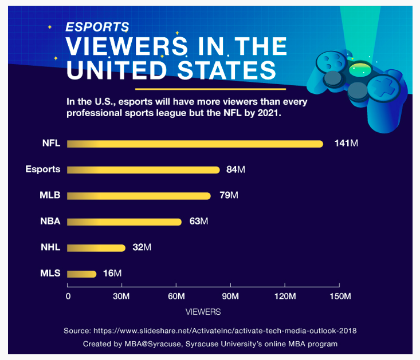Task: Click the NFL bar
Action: [195, 144]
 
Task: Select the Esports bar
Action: [143, 170]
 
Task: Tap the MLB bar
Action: [139, 196]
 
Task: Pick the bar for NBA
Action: [124, 221]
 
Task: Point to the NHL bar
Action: [96, 248]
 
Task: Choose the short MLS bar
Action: [82, 274]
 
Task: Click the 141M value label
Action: [346, 144]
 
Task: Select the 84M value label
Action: [235, 170]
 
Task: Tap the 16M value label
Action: [112, 274]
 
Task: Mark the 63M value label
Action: [198, 221]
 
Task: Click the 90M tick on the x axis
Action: [230, 296]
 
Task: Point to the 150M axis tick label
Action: [339, 296]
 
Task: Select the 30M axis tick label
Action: [121, 296]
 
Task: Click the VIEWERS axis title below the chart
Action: [203, 312]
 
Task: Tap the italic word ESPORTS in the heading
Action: [97, 27]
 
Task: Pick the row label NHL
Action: [50, 248]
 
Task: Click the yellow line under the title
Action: [210, 89]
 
